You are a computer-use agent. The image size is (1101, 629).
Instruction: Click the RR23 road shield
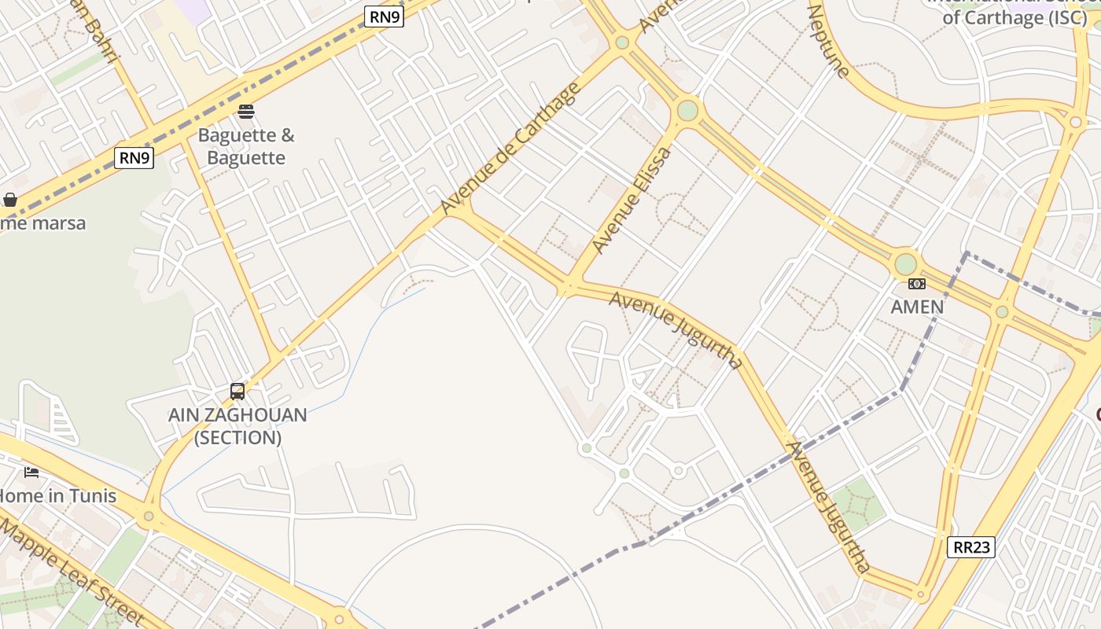(971, 547)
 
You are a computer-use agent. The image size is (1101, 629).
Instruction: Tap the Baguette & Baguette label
(246, 146)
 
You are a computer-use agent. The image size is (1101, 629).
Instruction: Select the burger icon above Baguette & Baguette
(246, 111)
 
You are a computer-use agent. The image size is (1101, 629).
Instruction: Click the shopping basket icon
(10, 200)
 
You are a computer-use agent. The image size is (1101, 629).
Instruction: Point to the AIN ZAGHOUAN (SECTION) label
(238, 426)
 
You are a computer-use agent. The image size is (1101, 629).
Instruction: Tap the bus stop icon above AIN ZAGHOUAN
(238, 391)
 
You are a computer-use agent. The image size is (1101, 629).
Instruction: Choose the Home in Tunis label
(58, 496)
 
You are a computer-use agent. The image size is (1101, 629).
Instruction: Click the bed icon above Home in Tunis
(31, 472)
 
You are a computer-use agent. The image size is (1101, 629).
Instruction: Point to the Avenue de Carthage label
(510, 148)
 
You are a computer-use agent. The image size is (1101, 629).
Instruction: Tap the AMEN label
(917, 307)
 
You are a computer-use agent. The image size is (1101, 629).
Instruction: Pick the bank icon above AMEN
(917, 284)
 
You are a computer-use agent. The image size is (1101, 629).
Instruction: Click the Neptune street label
(829, 42)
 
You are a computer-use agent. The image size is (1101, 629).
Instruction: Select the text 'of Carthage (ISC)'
(1014, 17)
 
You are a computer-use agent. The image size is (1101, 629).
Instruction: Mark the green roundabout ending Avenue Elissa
(687, 109)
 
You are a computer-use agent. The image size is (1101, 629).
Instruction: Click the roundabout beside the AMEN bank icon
(906, 263)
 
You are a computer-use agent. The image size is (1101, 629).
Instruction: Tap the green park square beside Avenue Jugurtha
(858, 503)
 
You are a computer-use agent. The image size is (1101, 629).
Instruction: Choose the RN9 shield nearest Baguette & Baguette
(134, 158)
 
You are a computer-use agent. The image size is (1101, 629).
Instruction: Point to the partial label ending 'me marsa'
(43, 223)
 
